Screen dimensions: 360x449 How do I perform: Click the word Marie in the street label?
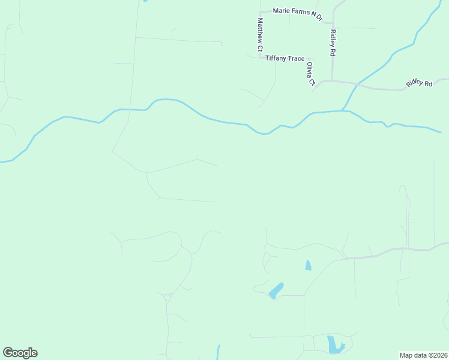click(282, 11)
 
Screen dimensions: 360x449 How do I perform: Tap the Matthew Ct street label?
click(261, 34)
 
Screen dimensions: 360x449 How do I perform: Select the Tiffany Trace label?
click(285, 58)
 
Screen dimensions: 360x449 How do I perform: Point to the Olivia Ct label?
click(310, 74)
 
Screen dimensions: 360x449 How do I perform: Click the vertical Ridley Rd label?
click(332, 43)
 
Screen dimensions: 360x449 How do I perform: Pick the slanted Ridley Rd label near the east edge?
click(419, 83)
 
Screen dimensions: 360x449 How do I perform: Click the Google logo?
click(20, 353)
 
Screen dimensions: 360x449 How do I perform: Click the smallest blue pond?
click(308, 265)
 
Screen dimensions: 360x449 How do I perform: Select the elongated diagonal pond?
click(276, 290)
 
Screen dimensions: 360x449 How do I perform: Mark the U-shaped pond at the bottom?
click(334, 345)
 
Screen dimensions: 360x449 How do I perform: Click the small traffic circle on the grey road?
click(167, 298)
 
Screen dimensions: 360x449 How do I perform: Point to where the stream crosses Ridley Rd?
click(357, 84)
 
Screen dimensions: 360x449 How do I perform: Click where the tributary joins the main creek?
click(344, 110)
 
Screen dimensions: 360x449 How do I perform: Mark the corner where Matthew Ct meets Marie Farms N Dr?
click(260, 12)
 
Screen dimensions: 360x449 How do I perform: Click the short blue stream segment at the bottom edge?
click(218, 352)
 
